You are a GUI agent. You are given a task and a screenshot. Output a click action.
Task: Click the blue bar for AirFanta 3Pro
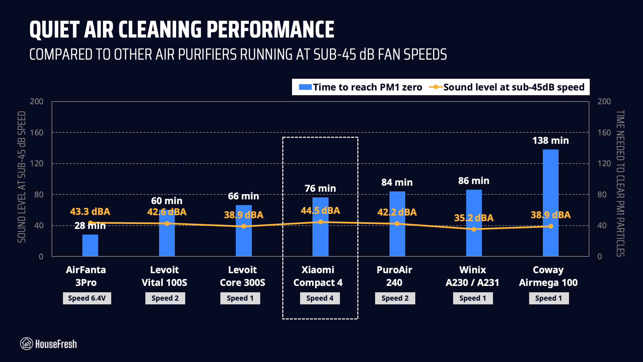(x=90, y=245)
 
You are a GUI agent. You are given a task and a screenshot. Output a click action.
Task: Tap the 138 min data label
(x=550, y=140)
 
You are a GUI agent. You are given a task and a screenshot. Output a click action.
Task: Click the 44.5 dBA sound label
(x=320, y=210)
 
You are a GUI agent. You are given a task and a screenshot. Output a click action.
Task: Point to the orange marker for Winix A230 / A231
(x=474, y=229)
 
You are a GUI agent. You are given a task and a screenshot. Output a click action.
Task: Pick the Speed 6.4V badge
(x=87, y=298)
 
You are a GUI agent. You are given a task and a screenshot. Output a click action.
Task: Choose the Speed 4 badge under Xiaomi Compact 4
(x=320, y=298)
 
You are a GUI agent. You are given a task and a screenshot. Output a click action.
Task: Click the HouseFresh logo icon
(x=26, y=344)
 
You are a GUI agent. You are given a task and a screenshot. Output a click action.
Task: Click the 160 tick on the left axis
(x=37, y=132)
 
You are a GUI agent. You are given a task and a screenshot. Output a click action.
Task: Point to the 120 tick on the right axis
(x=604, y=164)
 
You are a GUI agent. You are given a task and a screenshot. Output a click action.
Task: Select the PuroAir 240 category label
(x=394, y=276)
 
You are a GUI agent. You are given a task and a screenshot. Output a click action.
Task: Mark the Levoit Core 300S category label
(x=242, y=276)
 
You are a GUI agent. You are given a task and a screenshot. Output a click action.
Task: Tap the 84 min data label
(x=397, y=182)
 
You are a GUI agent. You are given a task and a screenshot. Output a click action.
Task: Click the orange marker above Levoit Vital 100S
(x=167, y=224)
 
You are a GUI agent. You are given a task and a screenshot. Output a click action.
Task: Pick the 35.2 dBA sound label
(x=474, y=218)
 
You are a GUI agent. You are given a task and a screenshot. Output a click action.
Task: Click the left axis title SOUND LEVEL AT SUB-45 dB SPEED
(x=22, y=177)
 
